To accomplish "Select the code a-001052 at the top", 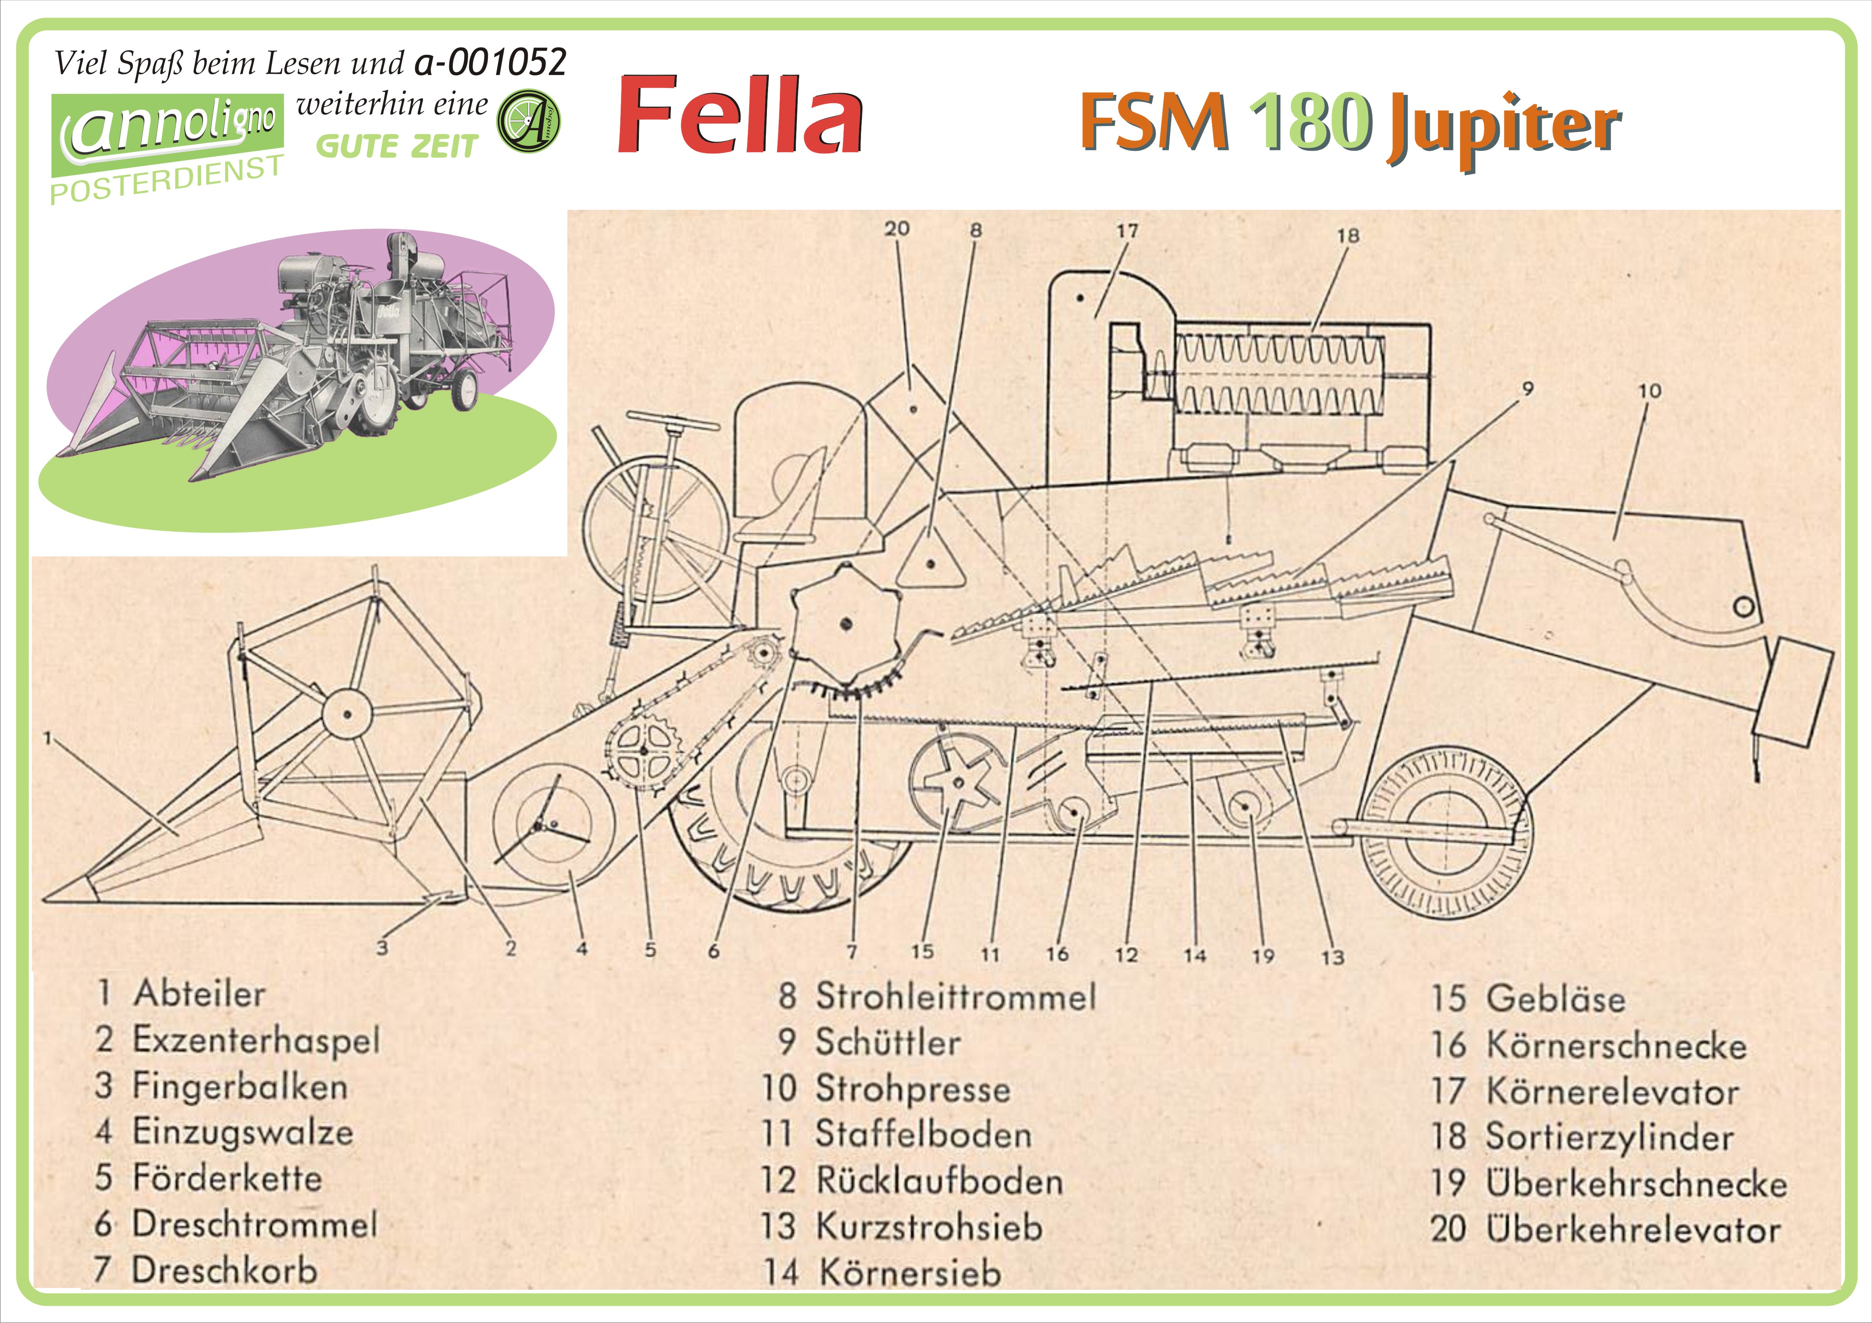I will tap(489, 62).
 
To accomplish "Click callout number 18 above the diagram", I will tap(1348, 236).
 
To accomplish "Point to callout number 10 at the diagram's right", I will tap(1649, 391).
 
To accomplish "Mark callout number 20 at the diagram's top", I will tap(897, 229).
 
